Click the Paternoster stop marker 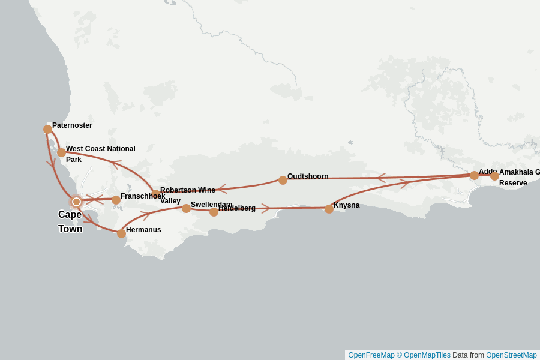pyautogui.click(x=48, y=129)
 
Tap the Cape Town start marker pyautogui.click(x=76, y=202)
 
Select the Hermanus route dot pyautogui.click(x=122, y=233)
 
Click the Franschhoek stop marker pyautogui.click(x=116, y=200)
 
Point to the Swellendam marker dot pyautogui.click(x=187, y=208)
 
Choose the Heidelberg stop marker pyautogui.click(x=214, y=212)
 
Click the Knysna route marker pyautogui.click(x=329, y=209)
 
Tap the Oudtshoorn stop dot pyautogui.click(x=283, y=180)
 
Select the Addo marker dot pyautogui.click(x=474, y=175)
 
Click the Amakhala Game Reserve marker pyautogui.click(x=494, y=176)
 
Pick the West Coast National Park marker pyautogui.click(x=62, y=152)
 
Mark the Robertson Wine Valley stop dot pyautogui.click(x=156, y=194)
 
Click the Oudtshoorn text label pyautogui.click(x=308, y=176)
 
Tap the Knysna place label pyautogui.click(x=346, y=205)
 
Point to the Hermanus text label pyautogui.click(x=143, y=230)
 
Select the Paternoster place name pyautogui.click(x=72, y=125)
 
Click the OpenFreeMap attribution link pyautogui.click(x=371, y=355)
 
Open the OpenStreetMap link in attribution pyautogui.click(x=511, y=355)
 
